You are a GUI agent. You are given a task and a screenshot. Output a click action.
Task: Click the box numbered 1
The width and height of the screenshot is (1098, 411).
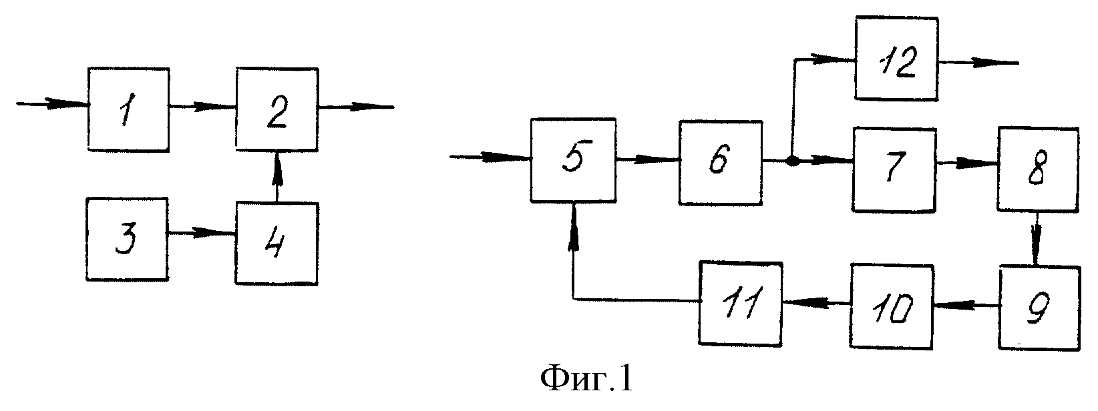128,109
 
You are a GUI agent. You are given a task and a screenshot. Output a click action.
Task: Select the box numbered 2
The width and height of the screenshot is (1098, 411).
277,109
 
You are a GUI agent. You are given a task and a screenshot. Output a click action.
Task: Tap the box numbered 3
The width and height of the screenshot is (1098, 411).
128,239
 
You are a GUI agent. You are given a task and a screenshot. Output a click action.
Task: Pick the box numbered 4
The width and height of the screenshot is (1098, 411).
277,243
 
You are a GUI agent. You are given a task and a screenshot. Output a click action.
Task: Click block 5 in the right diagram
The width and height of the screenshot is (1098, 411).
574,159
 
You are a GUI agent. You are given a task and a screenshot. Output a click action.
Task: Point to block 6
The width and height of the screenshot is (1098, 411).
721,162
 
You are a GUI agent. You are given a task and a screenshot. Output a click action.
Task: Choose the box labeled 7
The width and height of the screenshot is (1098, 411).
894,169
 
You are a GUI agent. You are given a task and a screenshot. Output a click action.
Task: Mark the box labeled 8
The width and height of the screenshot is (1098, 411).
1039,169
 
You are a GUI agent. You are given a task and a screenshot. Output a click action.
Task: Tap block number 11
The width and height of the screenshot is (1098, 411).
741,304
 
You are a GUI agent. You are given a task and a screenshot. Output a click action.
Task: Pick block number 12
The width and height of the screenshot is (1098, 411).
897,59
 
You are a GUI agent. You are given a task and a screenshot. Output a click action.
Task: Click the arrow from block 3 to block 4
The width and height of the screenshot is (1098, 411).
202,233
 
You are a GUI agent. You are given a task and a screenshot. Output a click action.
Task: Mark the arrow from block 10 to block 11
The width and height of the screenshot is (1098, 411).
816,304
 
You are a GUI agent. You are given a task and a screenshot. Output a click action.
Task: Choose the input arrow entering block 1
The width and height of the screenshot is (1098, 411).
53,104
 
